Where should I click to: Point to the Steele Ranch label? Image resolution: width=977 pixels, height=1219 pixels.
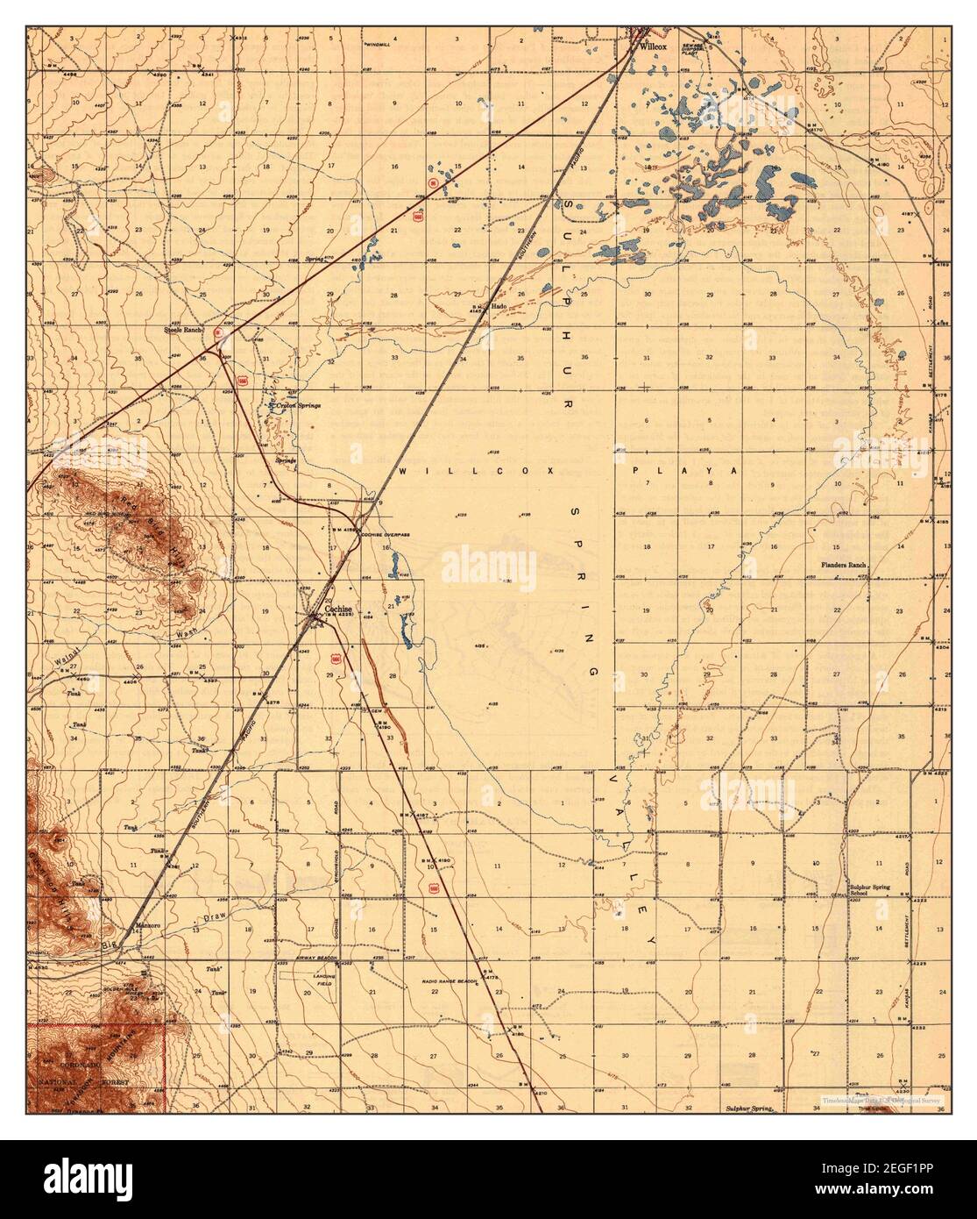tap(184, 330)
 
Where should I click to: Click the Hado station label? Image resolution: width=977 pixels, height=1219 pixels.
tap(499, 306)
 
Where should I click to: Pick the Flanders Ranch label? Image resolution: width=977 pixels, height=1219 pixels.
tap(843, 566)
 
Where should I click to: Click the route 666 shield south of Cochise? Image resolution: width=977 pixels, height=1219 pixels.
tap(336, 658)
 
